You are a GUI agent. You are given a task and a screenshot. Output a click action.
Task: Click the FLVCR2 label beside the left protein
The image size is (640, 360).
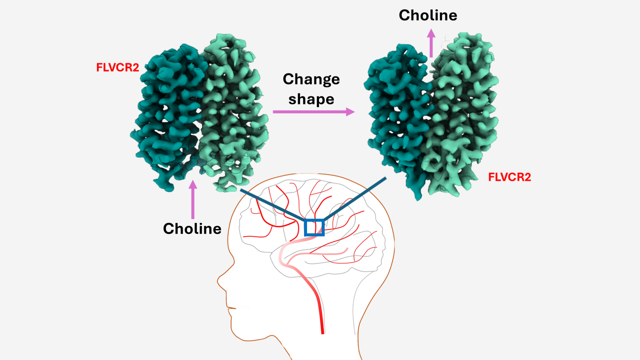click(118, 67)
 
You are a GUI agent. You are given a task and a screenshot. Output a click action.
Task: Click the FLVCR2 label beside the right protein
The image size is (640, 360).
click(510, 177)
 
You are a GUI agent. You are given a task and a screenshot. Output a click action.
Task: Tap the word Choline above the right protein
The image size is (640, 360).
click(428, 15)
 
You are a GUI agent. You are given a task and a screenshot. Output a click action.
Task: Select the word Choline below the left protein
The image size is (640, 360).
click(192, 229)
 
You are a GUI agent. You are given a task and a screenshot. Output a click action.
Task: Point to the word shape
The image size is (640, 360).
click(311, 100)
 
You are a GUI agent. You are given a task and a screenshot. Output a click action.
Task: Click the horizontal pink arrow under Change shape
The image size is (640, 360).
click(314, 112)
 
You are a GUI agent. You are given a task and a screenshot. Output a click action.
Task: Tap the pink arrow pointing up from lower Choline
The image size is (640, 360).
click(193, 199)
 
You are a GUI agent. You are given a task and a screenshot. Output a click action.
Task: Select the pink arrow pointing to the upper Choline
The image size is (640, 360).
click(431, 43)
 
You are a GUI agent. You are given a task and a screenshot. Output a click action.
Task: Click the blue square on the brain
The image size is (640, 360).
click(314, 220)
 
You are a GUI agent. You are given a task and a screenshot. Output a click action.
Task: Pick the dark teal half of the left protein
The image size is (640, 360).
click(167, 117)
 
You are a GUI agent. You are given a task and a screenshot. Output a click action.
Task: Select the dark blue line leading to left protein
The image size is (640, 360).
click(273, 205)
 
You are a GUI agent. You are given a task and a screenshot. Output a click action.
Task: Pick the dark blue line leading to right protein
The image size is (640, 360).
click(355, 199)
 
